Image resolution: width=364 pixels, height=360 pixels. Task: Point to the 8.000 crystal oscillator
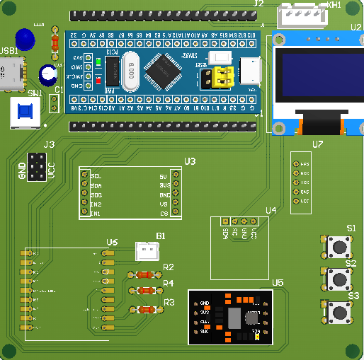pyautogui.click(x=132, y=73)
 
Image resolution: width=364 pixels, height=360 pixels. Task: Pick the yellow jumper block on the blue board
pyautogui.click(x=225, y=76)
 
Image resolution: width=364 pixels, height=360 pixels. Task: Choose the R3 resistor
pyautogui.click(x=144, y=309)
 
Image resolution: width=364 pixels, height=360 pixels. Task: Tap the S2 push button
pyautogui.click(x=339, y=279)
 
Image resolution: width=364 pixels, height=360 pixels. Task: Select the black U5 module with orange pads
pyautogui.click(x=231, y=316)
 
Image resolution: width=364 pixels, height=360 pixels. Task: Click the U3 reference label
pyautogui.click(x=190, y=161)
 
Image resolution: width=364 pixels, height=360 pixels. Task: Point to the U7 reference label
pyautogui.click(x=317, y=144)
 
